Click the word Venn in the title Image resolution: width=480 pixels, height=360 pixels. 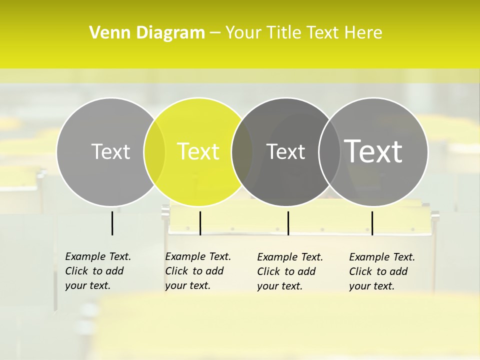click(x=104, y=33)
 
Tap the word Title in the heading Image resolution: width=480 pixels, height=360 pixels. click(x=285, y=33)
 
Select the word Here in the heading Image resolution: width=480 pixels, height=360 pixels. click(x=363, y=33)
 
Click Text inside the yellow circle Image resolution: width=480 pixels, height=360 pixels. click(x=198, y=151)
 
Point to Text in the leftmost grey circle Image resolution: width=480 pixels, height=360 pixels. click(x=110, y=151)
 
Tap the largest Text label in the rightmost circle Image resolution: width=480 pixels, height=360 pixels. click(x=373, y=151)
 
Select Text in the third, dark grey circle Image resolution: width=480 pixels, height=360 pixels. click(x=286, y=151)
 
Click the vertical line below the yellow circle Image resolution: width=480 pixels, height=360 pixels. click(x=200, y=223)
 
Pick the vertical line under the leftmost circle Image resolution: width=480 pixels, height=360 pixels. click(x=112, y=223)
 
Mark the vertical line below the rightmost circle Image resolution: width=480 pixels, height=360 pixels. click(x=372, y=223)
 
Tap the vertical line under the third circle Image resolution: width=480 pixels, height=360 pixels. click(x=288, y=223)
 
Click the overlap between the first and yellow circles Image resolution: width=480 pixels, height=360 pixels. click(x=154, y=151)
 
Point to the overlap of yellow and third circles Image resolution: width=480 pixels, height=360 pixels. click(x=242, y=151)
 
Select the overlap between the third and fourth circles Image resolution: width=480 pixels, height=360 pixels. click(x=329, y=151)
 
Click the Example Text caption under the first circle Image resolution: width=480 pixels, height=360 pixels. click(x=97, y=271)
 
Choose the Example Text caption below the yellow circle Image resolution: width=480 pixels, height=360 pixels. click(x=197, y=271)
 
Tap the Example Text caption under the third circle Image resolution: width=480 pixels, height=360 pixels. click(x=289, y=271)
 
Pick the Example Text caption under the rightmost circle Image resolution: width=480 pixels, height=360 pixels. click(x=381, y=271)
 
